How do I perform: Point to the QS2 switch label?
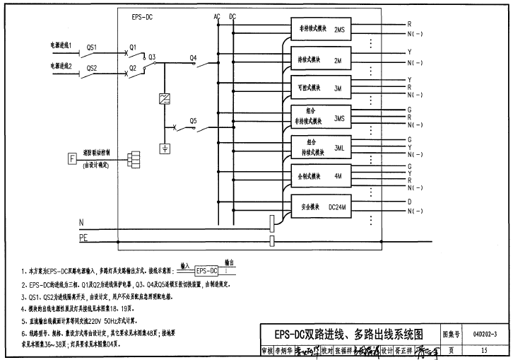click(91, 68)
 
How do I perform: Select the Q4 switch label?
click(194, 57)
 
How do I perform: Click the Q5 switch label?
click(193, 121)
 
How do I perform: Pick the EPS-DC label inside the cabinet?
click(142, 16)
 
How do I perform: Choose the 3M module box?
click(322, 88)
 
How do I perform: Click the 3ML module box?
click(322, 146)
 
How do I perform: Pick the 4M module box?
click(322, 175)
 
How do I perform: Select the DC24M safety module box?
click(322, 207)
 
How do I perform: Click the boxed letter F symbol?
click(72, 157)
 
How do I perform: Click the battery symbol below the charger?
click(165, 148)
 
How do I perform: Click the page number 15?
click(485, 349)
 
